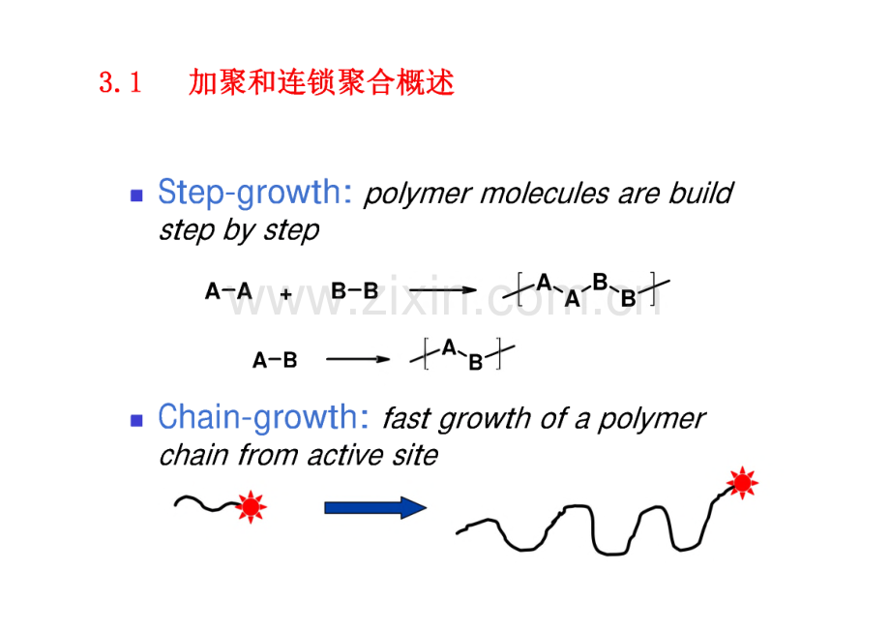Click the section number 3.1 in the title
tap(120, 82)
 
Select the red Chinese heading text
tap(321, 82)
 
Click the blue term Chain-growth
tap(263, 418)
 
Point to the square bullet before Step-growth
tap(136, 195)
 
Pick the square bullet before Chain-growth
tap(136, 420)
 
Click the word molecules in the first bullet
tap(545, 194)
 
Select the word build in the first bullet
tap(700, 193)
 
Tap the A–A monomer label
tap(228, 291)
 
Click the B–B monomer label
tap(354, 291)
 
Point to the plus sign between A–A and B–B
tap(286, 294)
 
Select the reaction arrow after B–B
tap(443, 290)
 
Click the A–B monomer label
tap(275, 360)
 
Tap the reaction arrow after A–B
tap(358, 359)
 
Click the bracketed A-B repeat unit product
tap(462, 354)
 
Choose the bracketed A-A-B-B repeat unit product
tap(586, 290)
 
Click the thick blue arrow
tap(375, 508)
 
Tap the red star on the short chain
tap(251, 506)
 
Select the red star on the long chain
tap(742, 483)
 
